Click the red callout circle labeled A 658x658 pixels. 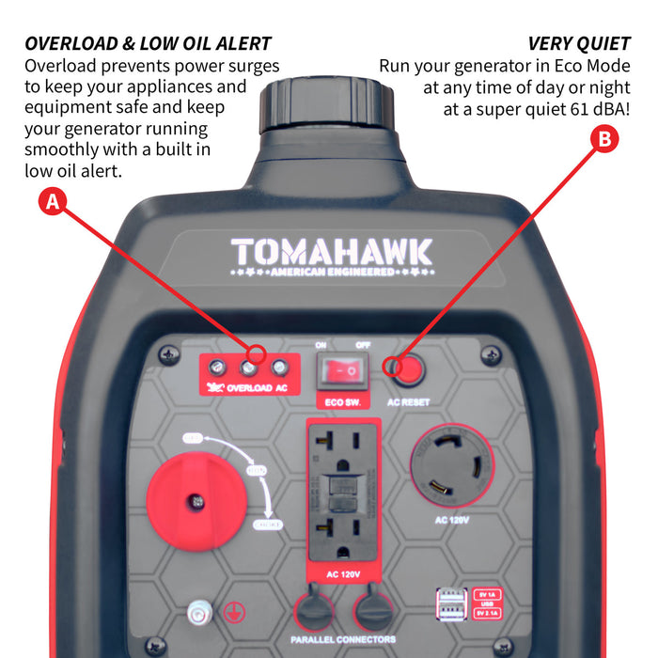(x=55, y=202)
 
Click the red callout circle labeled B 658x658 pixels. (x=603, y=140)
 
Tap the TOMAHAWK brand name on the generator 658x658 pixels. (x=332, y=252)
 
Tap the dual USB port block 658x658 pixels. (x=450, y=604)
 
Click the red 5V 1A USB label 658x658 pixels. (x=488, y=595)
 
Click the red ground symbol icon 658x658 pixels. (x=230, y=611)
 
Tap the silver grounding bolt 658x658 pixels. (x=197, y=611)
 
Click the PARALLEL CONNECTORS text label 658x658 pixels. (x=343, y=640)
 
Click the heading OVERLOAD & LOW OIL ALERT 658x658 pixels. (x=149, y=43)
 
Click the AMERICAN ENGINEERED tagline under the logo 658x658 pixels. (x=332, y=273)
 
